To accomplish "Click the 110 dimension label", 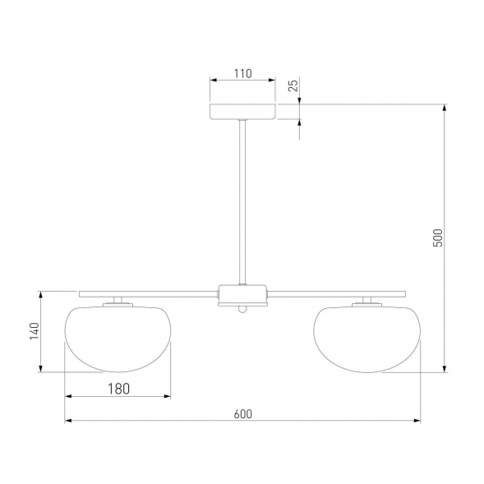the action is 242,74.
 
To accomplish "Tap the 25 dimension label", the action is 293,85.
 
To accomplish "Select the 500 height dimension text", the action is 438,237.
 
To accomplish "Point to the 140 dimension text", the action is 35,331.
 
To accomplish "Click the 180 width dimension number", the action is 119,389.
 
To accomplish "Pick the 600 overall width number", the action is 243,414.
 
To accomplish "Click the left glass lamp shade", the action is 118,339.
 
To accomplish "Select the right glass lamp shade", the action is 367,339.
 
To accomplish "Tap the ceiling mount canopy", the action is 242,112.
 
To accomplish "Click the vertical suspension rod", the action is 242,202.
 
